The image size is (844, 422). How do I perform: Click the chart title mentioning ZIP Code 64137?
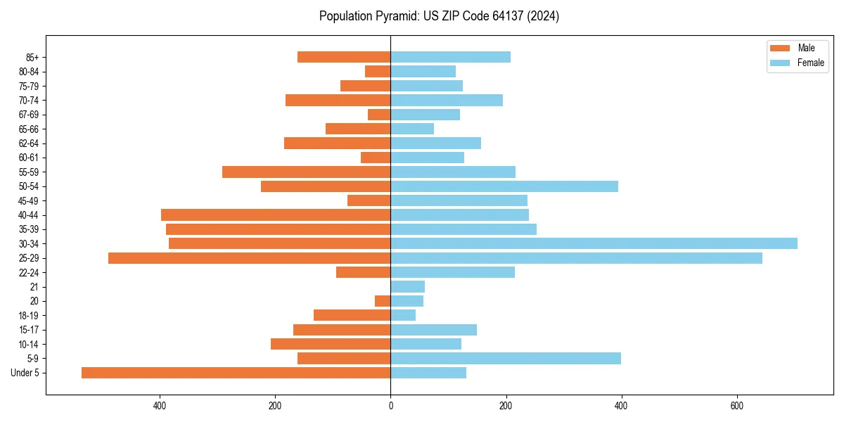point(439,16)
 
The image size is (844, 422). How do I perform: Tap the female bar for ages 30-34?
point(594,243)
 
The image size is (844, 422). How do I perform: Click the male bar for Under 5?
point(236,373)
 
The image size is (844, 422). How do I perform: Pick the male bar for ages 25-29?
point(249,258)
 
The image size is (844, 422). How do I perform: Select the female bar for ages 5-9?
point(505,358)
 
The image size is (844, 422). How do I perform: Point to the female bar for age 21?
point(407,286)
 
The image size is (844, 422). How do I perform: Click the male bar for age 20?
point(383,301)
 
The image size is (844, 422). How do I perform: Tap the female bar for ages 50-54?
point(504,186)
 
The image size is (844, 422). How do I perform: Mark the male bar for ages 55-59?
point(306,172)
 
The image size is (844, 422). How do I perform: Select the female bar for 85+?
point(450,57)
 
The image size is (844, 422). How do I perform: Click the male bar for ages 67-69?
point(379,115)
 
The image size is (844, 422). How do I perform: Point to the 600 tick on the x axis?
point(736,406)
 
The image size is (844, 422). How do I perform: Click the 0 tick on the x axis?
point(390,406)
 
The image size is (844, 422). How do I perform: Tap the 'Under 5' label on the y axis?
point(25,373)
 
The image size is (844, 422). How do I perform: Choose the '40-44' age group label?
point(28,215)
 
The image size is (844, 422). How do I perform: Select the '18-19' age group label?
point(28,315)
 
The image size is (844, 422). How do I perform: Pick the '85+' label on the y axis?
point(31,57)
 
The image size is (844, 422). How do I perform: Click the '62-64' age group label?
point(28,143)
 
